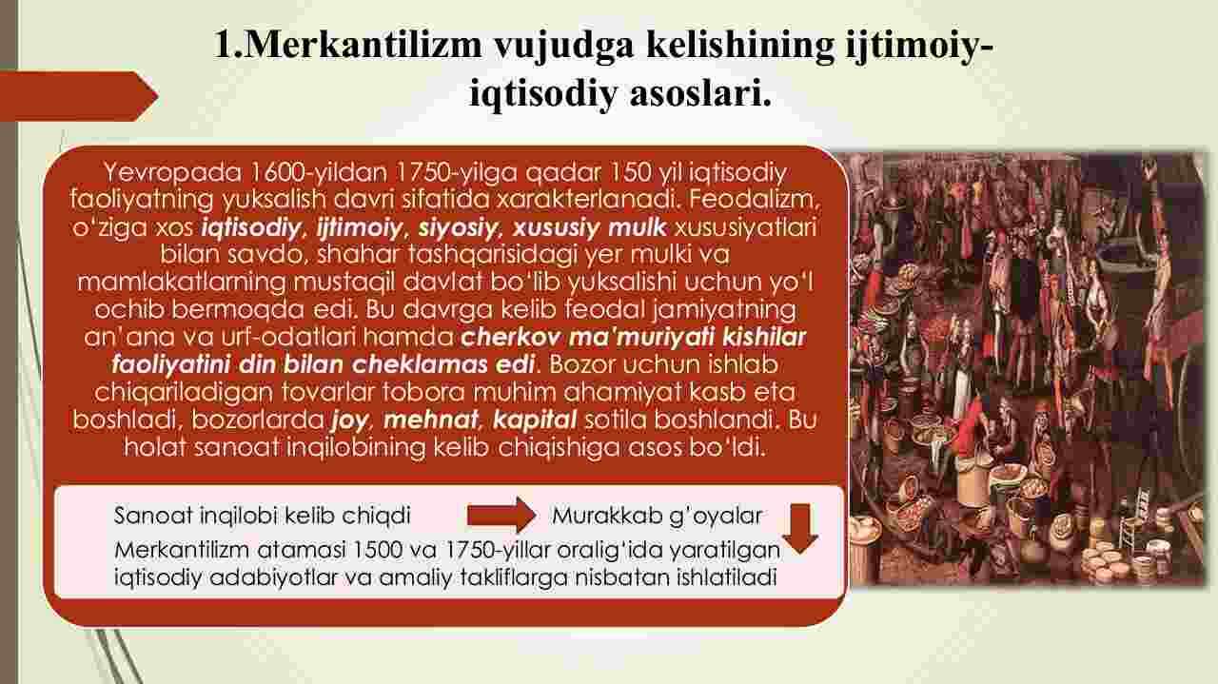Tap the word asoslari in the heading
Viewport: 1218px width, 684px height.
tap(700, 93)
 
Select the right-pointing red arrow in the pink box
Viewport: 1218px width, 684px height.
tap(501, 515)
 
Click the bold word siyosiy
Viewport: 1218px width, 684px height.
tap(458, 227)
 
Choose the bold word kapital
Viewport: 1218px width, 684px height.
tap(535, 420)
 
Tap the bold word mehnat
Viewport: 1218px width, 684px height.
tap(431, 420)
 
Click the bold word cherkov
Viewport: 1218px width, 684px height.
tap(510, 337)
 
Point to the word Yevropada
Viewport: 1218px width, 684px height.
tap(172, 172)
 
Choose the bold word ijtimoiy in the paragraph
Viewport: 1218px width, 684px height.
tap(359, 227)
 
